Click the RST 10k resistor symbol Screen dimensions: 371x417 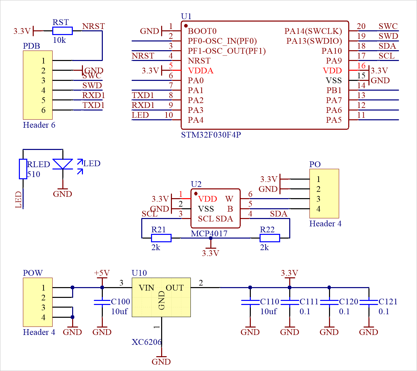62,31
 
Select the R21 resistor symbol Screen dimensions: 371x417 161,238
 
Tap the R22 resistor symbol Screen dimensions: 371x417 270,238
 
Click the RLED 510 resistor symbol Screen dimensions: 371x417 23,169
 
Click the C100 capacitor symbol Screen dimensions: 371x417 102,302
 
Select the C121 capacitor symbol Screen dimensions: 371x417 368,302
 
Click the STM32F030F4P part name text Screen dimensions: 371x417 211,135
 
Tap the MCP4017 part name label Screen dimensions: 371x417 209,234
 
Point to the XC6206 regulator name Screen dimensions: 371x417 147,342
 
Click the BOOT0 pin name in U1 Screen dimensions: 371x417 202,31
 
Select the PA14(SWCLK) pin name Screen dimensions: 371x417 313,31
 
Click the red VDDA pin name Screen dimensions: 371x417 201,71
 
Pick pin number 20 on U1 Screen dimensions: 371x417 361,26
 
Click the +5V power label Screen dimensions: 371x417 102,273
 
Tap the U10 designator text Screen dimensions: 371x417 139,273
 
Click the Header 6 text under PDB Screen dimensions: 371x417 39,125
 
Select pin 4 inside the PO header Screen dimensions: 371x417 318,209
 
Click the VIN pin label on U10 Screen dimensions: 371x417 147,288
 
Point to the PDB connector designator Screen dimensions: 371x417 31,46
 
